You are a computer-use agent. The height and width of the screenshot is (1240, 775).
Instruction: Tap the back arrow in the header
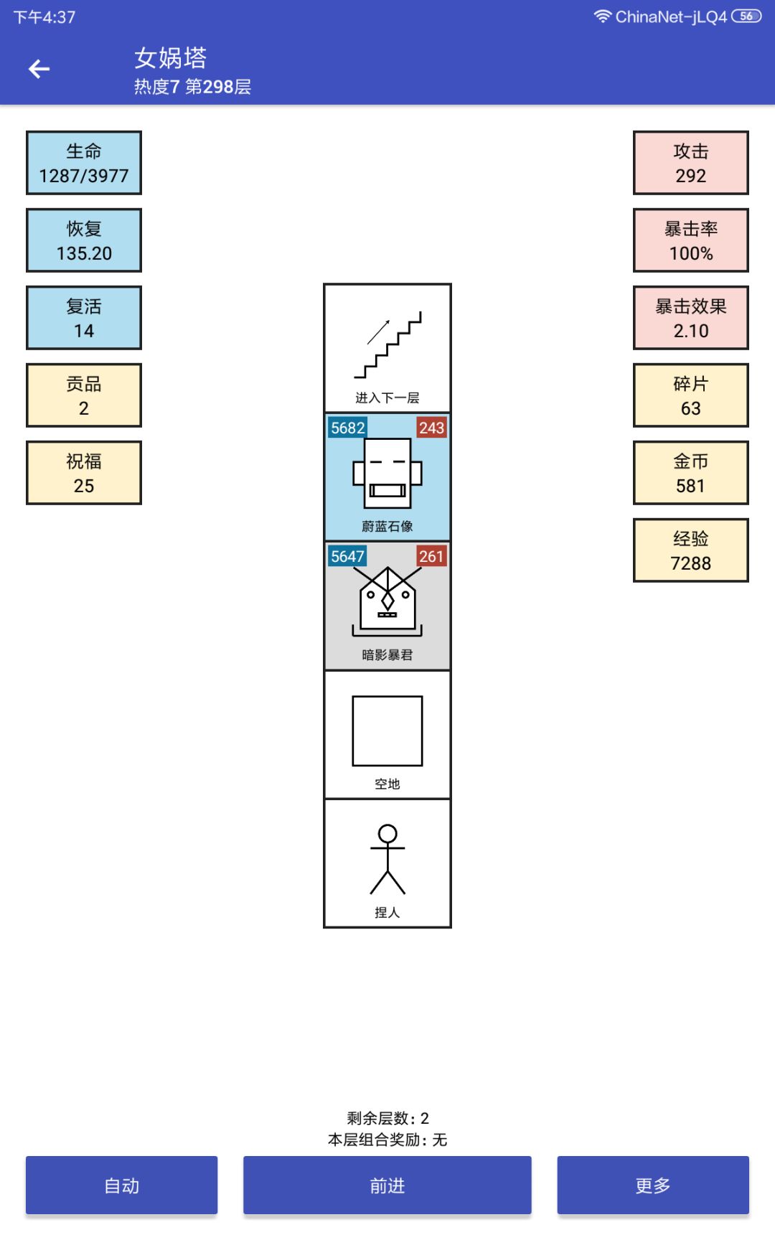[39, 69]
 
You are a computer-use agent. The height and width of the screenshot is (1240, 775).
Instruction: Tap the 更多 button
[653, 1185]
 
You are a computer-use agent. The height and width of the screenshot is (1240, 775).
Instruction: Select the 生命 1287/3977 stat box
[84, 163]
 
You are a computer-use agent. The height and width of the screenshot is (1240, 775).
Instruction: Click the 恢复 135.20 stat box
[84, 240]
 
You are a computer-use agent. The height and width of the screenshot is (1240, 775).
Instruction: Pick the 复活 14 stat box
[84, 318]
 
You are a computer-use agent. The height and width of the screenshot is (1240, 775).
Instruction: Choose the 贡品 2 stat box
[84, 395]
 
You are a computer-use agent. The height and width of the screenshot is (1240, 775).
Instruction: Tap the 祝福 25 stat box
[84, 473]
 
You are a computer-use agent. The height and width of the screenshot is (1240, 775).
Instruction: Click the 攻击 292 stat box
[691, 163]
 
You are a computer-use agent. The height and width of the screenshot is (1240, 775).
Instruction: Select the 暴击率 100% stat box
[691, 240]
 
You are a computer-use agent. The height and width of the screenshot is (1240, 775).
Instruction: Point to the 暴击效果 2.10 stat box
[691, 318]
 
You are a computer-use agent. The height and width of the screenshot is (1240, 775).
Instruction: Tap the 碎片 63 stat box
[691, 395]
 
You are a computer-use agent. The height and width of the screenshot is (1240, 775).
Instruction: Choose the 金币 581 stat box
[691, 473]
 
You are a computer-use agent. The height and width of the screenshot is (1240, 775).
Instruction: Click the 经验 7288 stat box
[691, 550]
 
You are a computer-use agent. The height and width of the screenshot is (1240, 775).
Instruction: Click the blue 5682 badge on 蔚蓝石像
[348, 428]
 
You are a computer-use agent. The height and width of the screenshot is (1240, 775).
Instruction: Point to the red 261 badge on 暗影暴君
[432, 556]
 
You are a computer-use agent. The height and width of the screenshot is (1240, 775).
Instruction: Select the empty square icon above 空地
[387, 731]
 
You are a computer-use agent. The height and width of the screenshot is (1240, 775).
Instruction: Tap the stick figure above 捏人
[387, 859]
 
